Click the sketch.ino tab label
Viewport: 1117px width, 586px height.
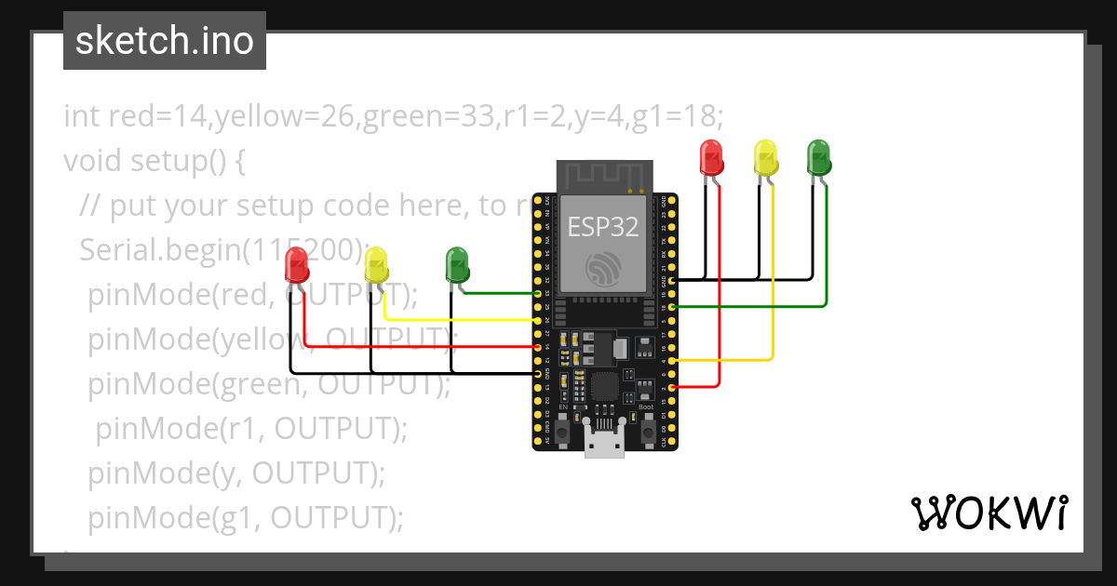point(164,41)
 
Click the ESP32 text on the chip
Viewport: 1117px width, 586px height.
point(603,223)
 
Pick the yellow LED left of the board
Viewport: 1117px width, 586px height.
point(375,265)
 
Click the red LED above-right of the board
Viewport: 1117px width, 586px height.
point(711,156)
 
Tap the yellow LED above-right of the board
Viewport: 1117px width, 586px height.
point(765,156)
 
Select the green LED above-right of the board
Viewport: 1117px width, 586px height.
point(818,156)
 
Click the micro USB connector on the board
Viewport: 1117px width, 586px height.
point(604,444)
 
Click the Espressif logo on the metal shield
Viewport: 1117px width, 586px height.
point(603,269)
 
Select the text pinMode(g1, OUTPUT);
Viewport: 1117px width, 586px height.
point(246,517)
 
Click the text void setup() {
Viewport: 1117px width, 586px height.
point(154,161)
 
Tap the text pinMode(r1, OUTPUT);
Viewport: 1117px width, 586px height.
point(251,428)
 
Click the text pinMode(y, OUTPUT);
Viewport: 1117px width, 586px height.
point(236,473)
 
